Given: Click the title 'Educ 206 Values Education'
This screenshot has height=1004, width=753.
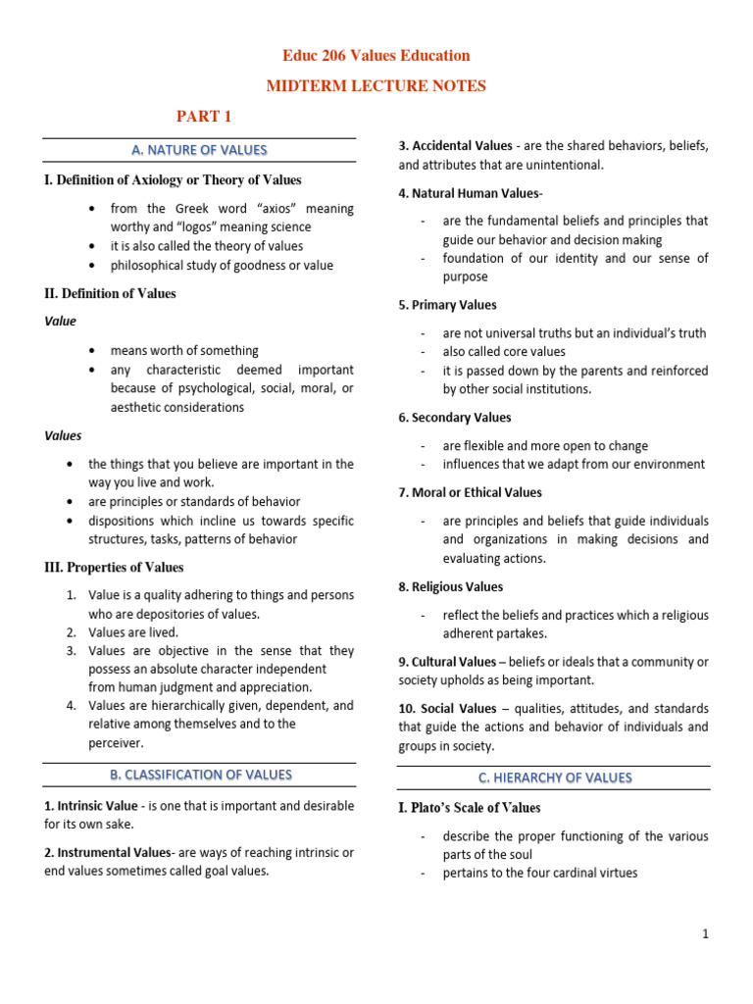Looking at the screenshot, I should coord(376,56).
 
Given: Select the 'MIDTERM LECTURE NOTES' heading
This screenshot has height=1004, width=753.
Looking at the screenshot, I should coord(376,86).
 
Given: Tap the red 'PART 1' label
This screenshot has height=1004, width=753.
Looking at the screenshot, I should coord(204,118).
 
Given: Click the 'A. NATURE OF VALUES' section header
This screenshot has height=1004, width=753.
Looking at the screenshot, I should coord(199,150).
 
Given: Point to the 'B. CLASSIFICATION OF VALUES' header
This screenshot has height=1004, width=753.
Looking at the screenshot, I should coord(199,775).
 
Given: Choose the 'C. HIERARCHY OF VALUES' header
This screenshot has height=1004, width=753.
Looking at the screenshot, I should coord(554,778).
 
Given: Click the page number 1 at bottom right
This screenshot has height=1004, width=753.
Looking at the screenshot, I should coord(704,934).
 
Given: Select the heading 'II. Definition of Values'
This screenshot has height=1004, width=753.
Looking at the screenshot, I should coord(111,293).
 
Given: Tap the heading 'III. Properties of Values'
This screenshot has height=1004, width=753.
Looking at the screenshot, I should coord(114,567).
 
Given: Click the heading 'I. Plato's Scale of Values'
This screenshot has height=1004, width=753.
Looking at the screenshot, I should coord(470,808).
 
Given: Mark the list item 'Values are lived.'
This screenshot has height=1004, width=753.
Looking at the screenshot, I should coord(133,632).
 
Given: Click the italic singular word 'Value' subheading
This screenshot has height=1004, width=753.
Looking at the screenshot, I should coord(61,321).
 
